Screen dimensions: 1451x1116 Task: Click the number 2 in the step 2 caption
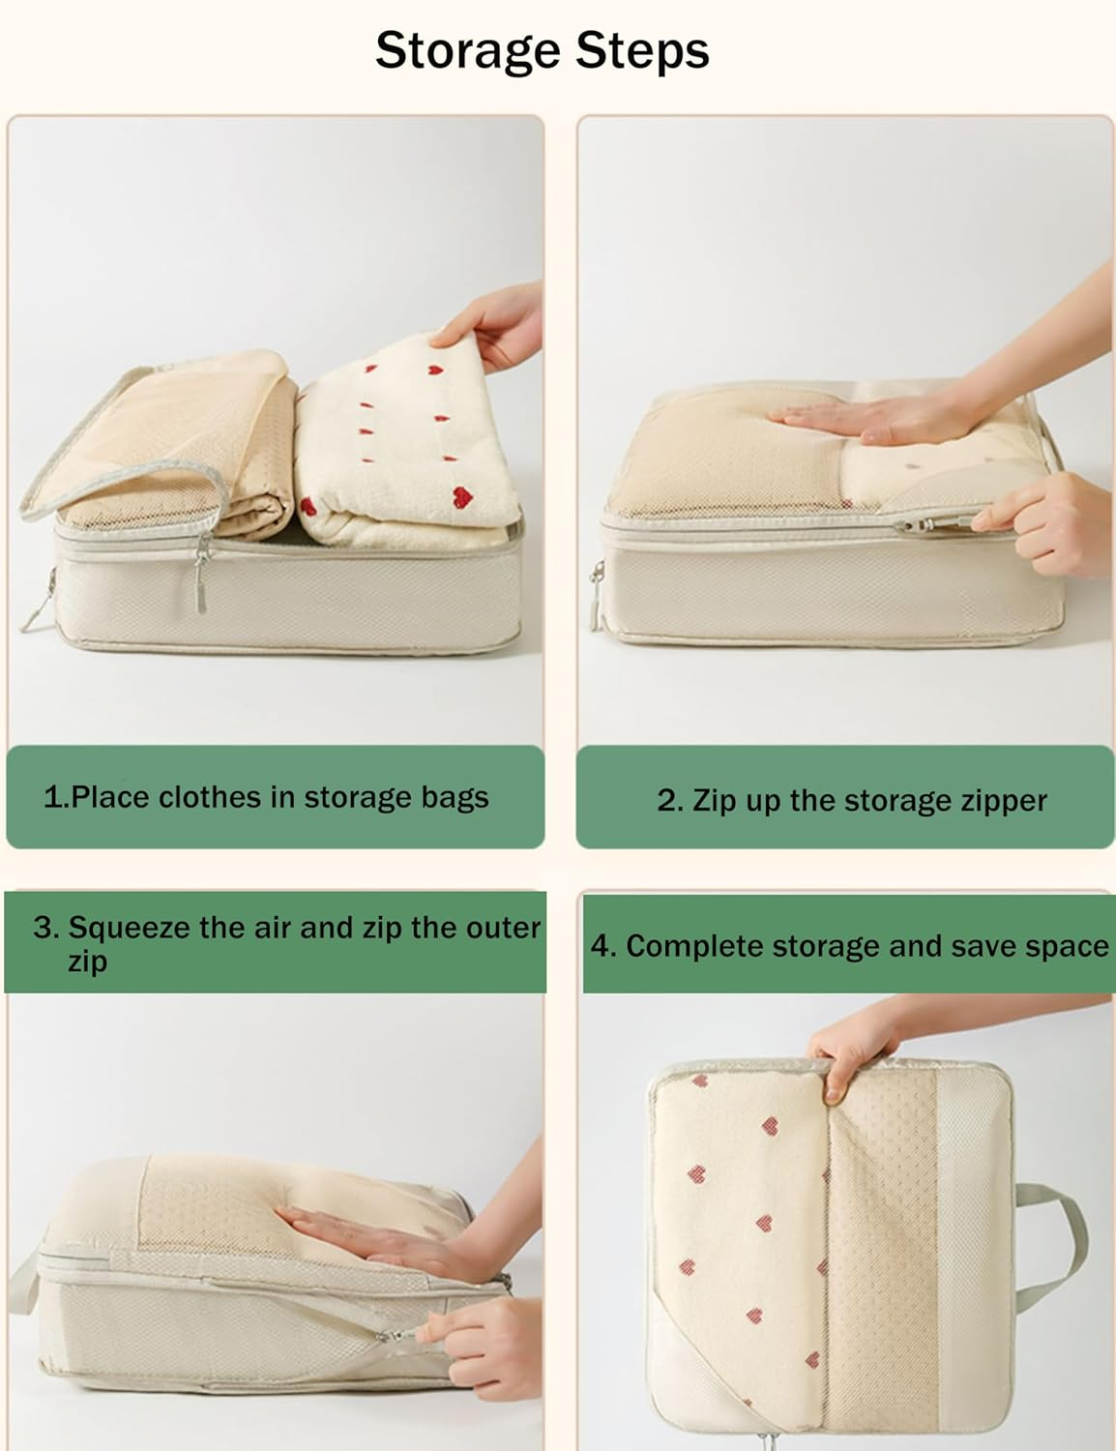[x=669, y=801]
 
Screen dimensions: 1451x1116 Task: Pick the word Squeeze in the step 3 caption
[x=130, y=928]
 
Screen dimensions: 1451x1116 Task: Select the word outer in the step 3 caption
[x=502, y=928]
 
